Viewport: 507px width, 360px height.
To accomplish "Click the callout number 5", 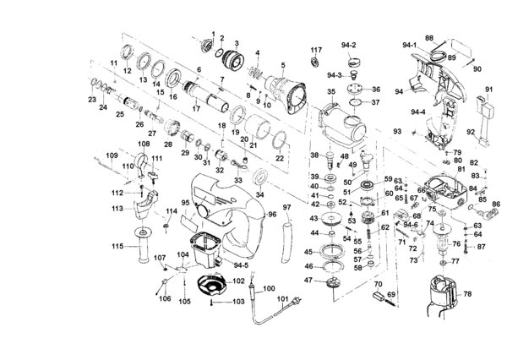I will (283, 66).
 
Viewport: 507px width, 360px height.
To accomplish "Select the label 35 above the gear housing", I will (331, 91).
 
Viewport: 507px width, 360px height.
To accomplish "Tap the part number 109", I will (110, 155).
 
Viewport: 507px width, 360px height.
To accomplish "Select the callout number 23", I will (91, 100).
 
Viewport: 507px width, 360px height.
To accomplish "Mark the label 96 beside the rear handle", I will (272, 214).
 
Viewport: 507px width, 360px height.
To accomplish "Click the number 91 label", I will (488, 88).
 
